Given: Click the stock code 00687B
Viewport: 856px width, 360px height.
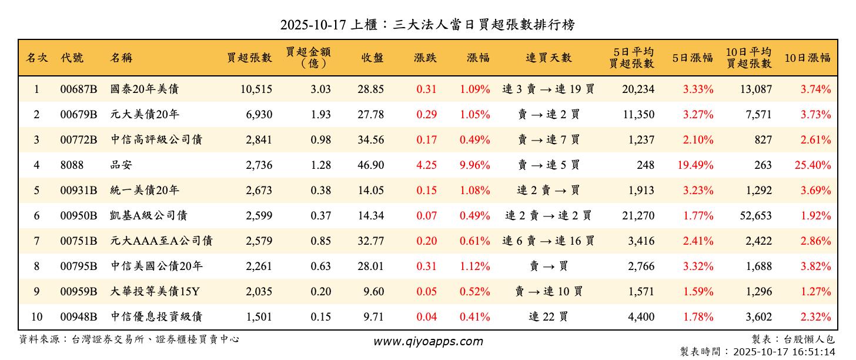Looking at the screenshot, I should point(78,89).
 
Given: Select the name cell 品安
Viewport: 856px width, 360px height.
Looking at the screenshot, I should point(121,165).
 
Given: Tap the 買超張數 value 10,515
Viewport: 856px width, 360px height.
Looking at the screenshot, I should point(256,89).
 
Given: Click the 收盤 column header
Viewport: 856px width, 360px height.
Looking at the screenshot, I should point(372,58).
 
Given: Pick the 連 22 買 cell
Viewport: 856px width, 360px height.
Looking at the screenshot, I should point(548,317).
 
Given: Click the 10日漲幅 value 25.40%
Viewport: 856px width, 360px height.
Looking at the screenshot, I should point(812,165).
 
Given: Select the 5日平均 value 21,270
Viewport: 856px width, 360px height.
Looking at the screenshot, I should point(638,216).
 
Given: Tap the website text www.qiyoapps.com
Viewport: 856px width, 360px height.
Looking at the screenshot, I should point(428,341).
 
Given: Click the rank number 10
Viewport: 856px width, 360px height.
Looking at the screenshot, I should point(36,317).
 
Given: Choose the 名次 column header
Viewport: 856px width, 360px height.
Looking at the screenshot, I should point(36,58).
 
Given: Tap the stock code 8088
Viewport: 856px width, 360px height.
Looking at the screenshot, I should point(72,165).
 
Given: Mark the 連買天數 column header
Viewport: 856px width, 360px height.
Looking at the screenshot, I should point(548,58).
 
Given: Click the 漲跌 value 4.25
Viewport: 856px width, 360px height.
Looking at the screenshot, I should point(426,165).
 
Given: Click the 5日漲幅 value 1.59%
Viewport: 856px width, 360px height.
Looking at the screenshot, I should point(698,292).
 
